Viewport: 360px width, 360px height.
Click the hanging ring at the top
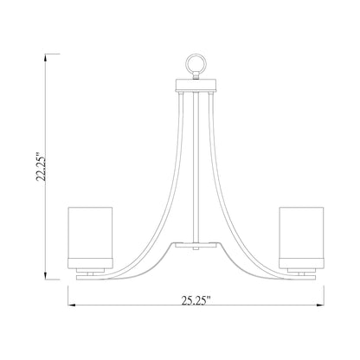click(x=192, y=65)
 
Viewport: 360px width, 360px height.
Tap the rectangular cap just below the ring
click(x=192, y=84)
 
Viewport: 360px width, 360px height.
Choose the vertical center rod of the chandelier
click(x=192, y=164)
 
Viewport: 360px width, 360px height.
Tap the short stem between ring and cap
click(x=192, y=76)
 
